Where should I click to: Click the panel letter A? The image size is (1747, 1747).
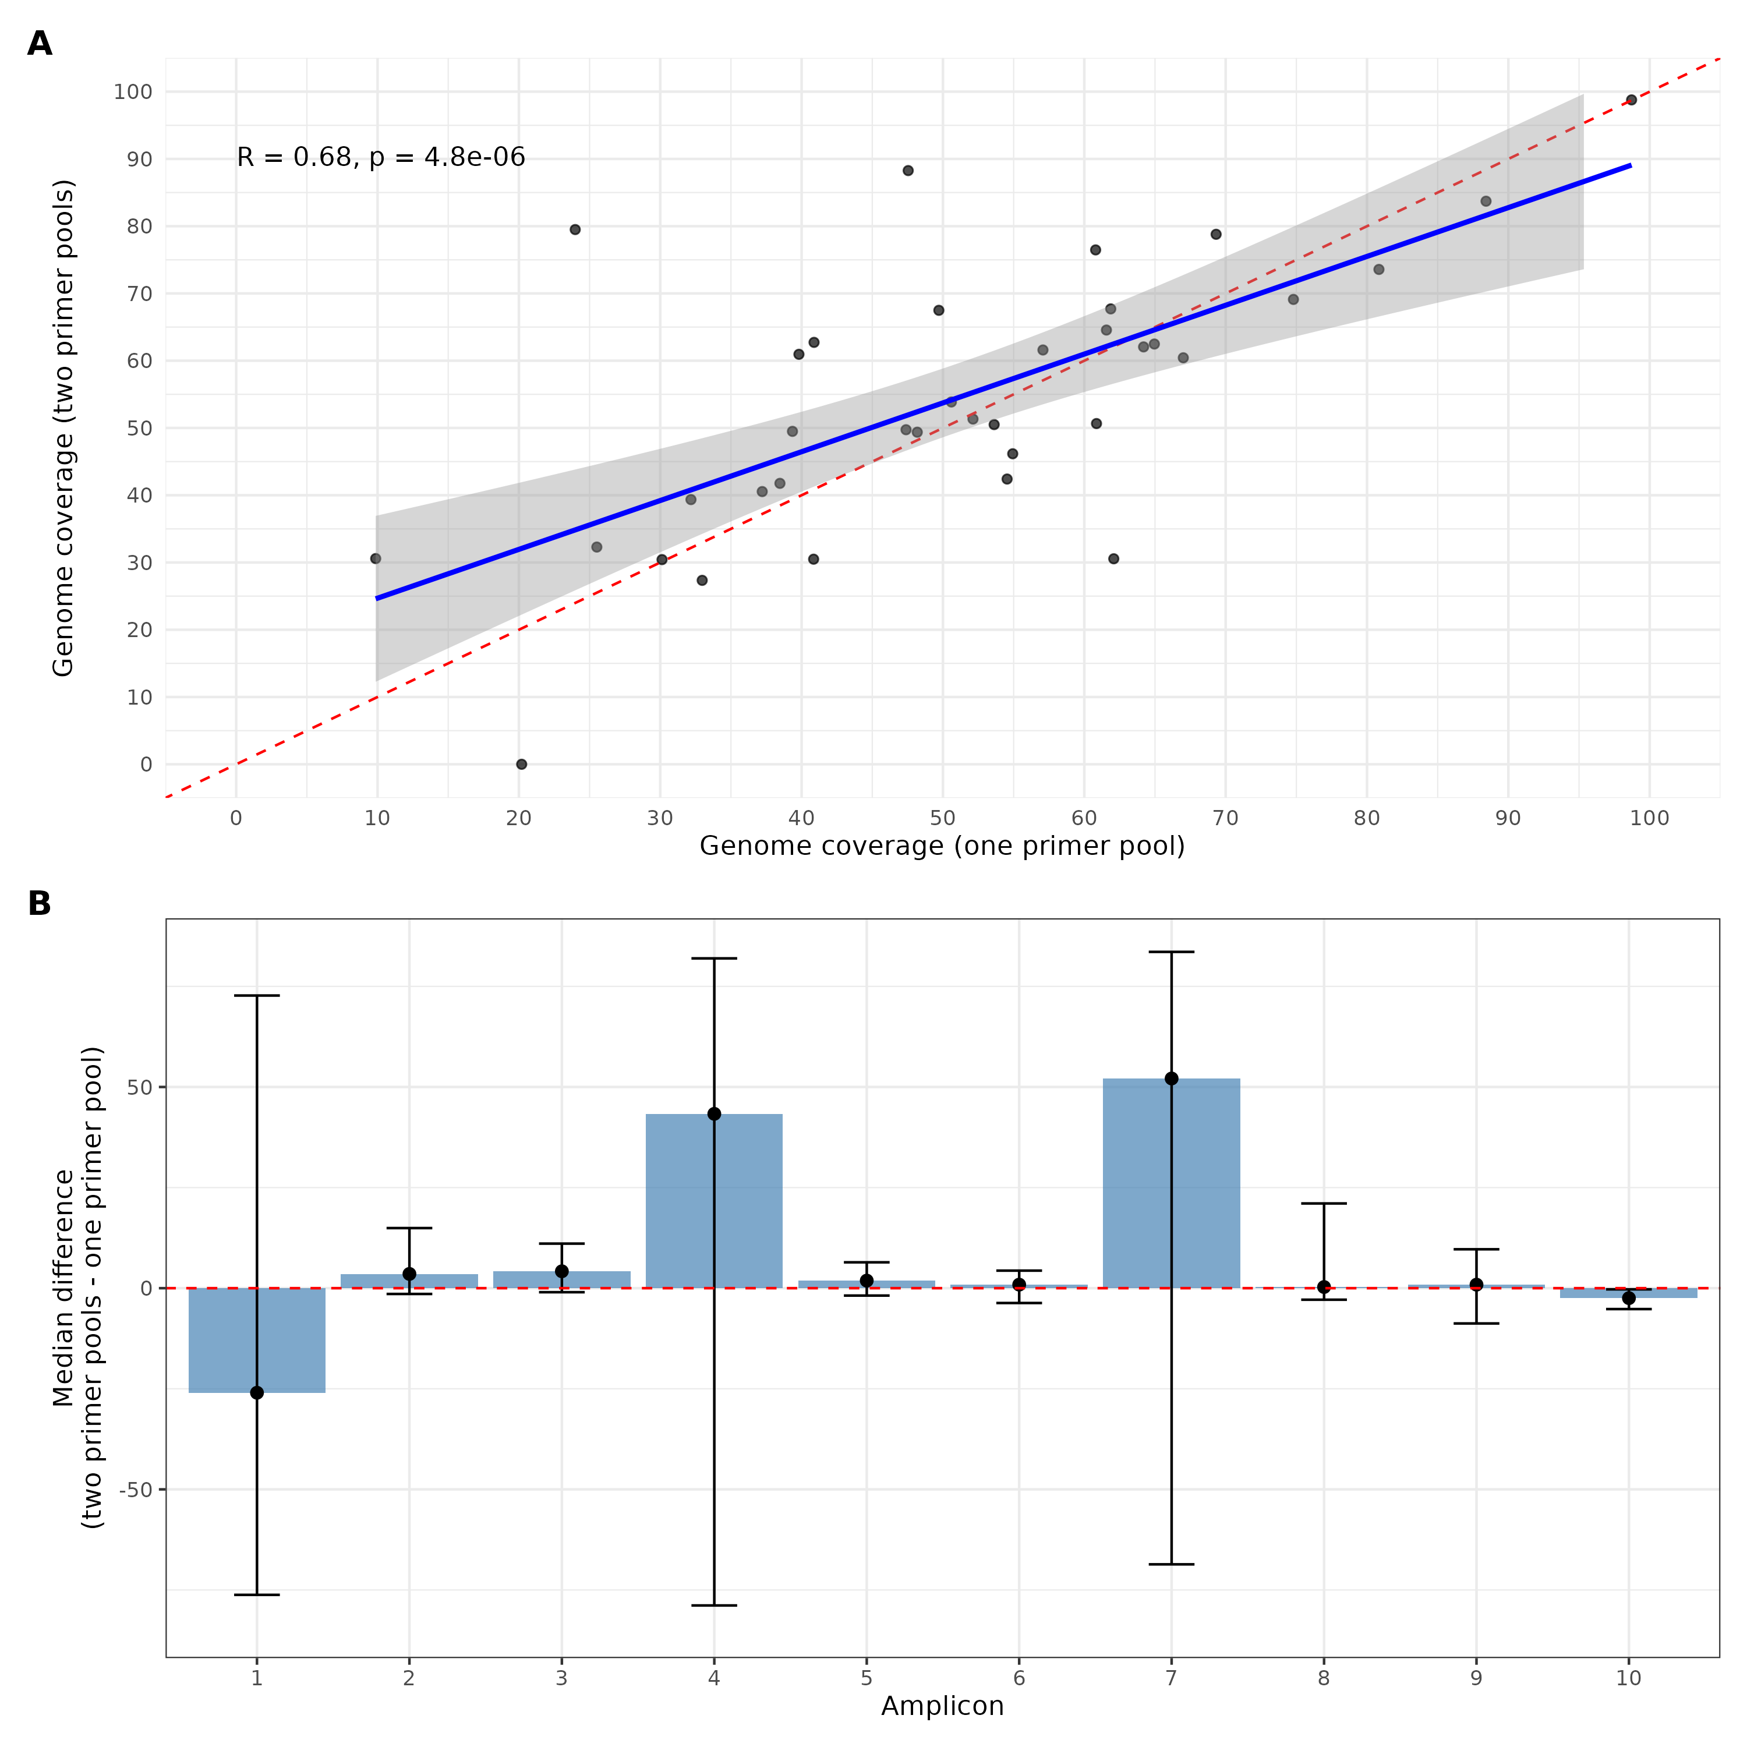(40, 44)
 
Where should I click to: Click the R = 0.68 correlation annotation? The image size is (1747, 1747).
(381, 157)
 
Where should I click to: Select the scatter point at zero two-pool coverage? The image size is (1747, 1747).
(522, 764)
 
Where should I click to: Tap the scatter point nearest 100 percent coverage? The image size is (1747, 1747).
(1631, 100)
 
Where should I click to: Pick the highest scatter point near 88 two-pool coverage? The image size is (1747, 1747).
(908, 171)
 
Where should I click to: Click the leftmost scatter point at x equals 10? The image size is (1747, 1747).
(375, 559)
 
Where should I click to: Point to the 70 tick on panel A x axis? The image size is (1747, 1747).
(1225, 818)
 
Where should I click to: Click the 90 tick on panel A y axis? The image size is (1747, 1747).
(139, 159)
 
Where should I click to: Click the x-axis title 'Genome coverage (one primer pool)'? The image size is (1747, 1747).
(942, 846)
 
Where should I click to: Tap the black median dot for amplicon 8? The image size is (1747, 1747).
(1324, 1287)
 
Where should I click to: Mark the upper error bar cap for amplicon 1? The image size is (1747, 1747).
(257, 996)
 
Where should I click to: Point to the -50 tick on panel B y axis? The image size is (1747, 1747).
(136, 1489)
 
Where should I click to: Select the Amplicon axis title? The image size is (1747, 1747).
(942, 1706)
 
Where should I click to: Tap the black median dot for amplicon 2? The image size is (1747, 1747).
(409, 1274)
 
